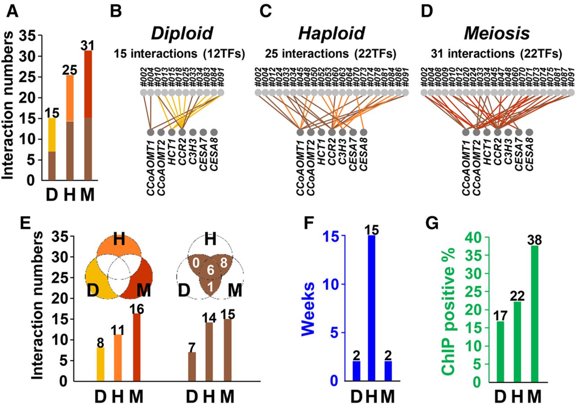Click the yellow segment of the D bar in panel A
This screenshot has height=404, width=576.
point(52,135)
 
